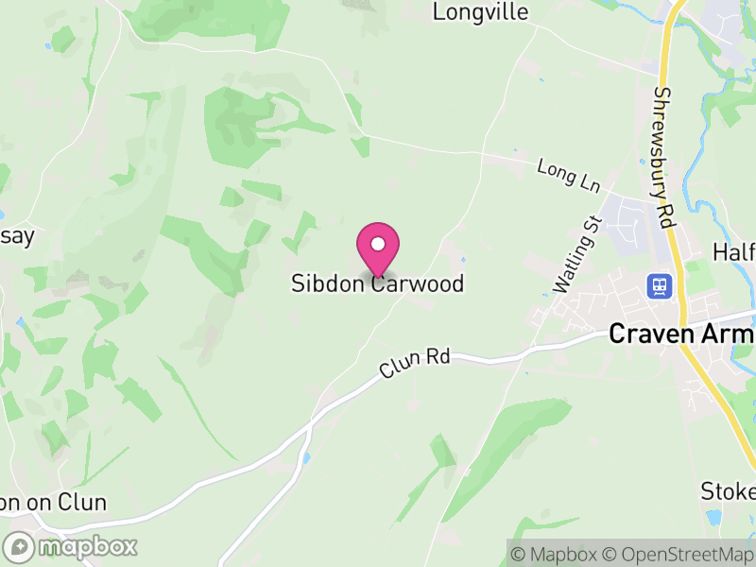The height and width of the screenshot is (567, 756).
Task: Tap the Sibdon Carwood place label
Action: [378, 283]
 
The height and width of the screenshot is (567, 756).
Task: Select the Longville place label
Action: [480, 12]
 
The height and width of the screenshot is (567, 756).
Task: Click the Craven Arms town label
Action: [680, 334]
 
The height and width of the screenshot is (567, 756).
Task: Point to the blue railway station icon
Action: [657, 284]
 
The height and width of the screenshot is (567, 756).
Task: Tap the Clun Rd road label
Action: [416, 362]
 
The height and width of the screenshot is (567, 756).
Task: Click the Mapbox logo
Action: [71, 546]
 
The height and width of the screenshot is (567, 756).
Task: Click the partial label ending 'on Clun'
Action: [53, 503]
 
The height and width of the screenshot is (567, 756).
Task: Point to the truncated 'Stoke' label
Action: [728, 491]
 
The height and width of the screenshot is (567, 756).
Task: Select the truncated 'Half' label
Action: [734, 252]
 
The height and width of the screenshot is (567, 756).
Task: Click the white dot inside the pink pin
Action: [378, 244]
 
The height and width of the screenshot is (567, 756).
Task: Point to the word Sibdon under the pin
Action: [327, 283]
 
